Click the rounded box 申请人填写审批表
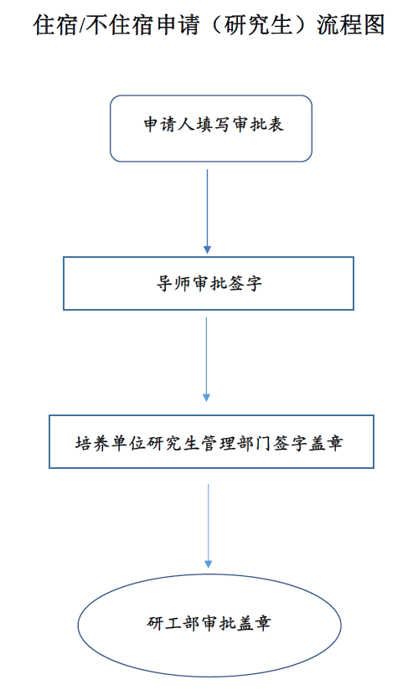(211, 129)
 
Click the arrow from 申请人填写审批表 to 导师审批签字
(207, 211)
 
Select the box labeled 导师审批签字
(209, 283)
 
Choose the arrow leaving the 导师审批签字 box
(206, 359)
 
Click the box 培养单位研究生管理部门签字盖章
(211, 441)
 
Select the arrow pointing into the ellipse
(208, 526)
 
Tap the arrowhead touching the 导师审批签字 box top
(207, 250)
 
